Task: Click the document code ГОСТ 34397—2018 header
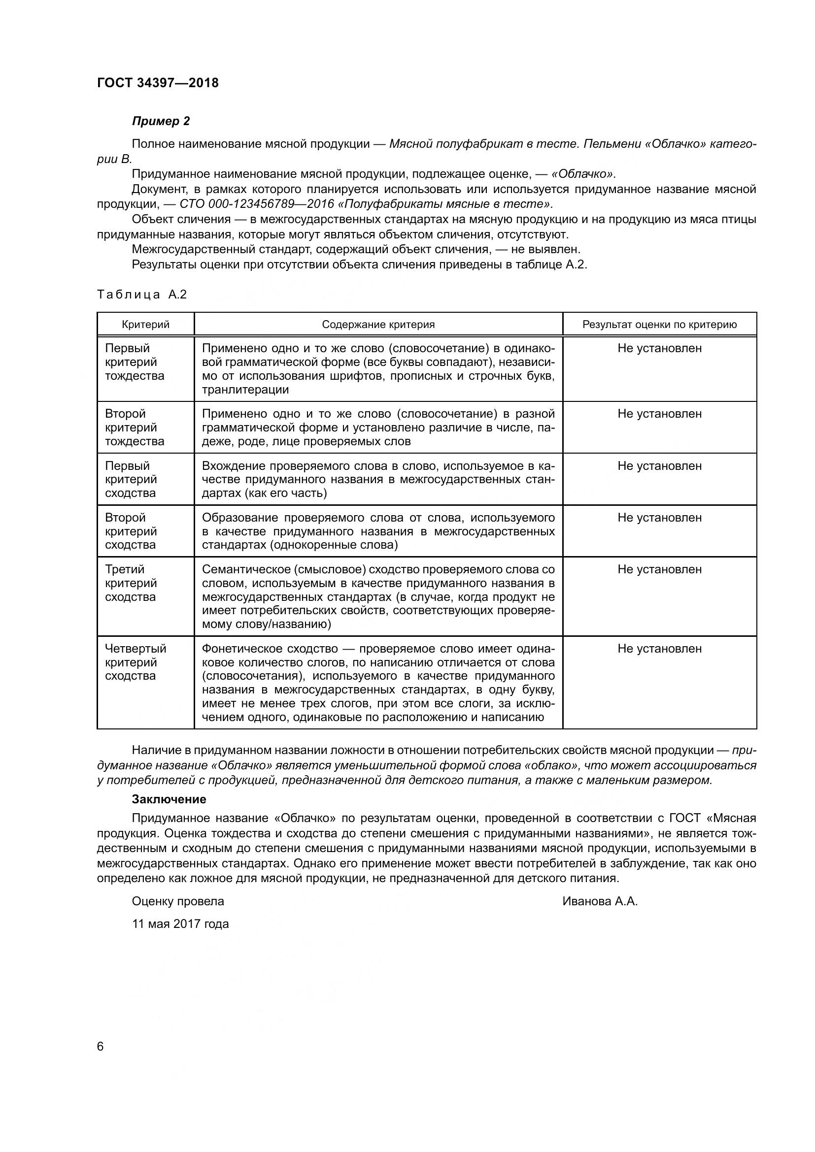coord(158,83)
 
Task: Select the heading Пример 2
coord(161,121)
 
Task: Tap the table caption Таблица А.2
coord(141,295)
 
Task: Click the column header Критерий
coord(145,325)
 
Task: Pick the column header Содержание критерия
coord(378,325)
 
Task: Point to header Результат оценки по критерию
coord(659,325)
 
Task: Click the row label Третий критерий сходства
coord(131,583)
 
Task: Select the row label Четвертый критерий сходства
coord(135,662)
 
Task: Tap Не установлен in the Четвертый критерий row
coord(659,649)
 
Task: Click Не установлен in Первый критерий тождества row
coord(659,348)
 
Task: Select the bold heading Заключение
coord(169,799)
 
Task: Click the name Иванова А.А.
coord(600,902)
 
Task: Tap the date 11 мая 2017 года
coord(180,924)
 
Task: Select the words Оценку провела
coord(178,902)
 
